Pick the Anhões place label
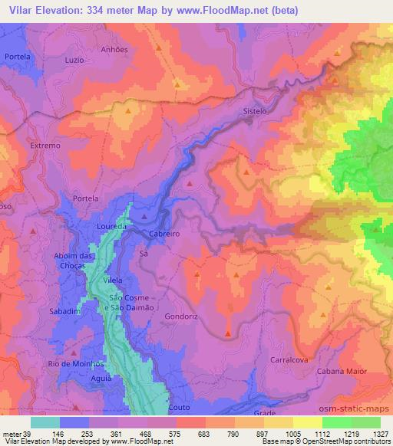pos(115,48)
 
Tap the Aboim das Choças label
pos(76,260)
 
